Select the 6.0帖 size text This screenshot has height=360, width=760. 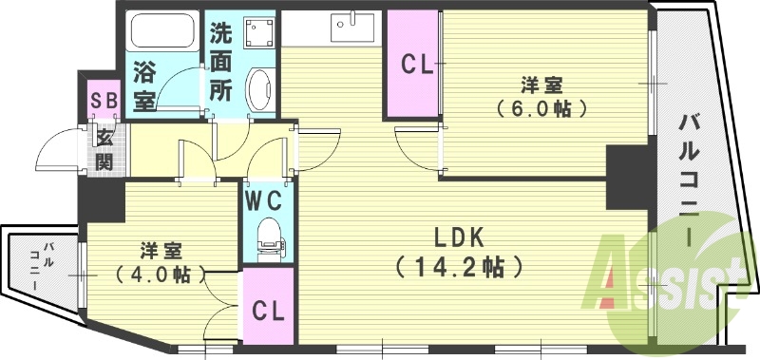[x=539, y=107]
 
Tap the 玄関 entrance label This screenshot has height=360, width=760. [x=104, y=149]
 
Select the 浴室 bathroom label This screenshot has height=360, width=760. [x=145, y=85]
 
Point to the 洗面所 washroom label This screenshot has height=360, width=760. [x=221, y=62]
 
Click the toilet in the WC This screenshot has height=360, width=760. [x=270, y=234]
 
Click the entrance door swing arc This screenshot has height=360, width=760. [x=54, y=152]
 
